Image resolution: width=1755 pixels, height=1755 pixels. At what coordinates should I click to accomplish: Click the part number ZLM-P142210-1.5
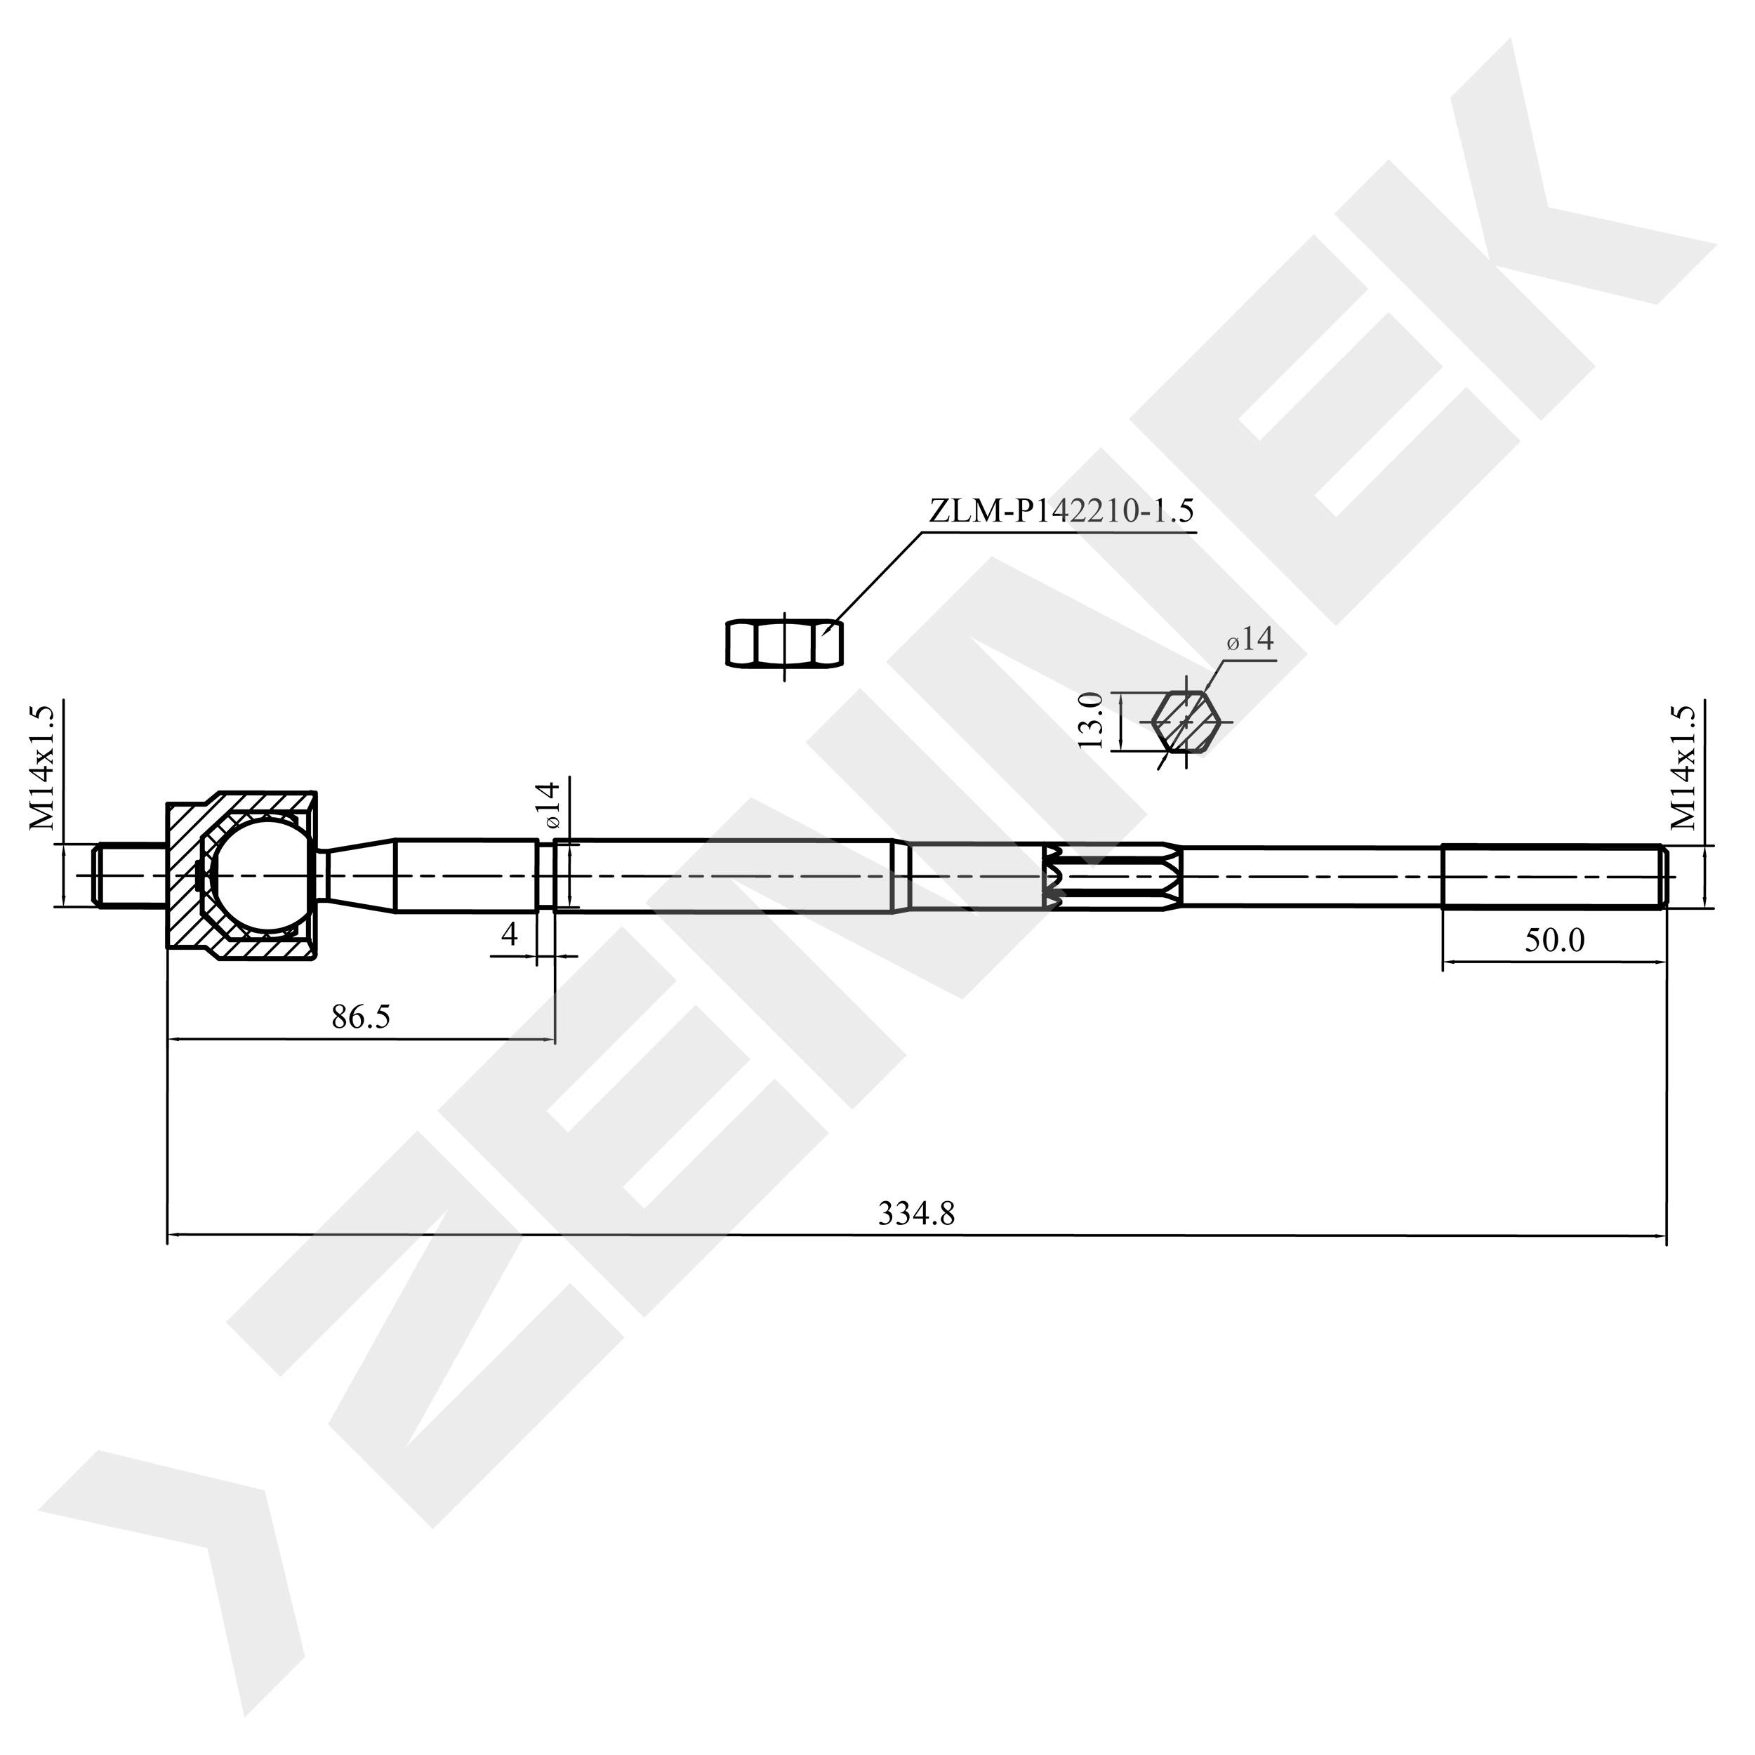[1060, 512]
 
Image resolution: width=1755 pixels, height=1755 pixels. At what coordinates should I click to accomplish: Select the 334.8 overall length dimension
[917, 1214]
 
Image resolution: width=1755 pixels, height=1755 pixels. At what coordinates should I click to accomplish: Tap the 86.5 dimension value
[361, 1017]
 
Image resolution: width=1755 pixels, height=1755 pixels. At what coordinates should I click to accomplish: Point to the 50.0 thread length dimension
[1554, 940]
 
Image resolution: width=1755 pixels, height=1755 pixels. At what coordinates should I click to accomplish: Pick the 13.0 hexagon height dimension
[1091, 720]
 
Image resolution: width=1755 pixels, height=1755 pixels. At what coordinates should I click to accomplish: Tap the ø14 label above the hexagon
[1250, 640]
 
